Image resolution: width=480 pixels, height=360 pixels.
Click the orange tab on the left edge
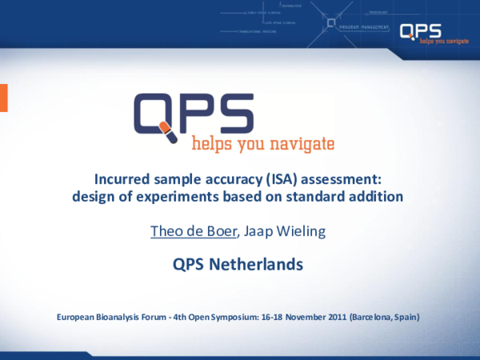pyautogui.click(x=3, y=97)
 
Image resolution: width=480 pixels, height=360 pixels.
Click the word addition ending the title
pyautogui.click(x=377, y=196)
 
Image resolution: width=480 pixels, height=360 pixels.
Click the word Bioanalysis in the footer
pyautogui.click(x=119, y=318)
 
